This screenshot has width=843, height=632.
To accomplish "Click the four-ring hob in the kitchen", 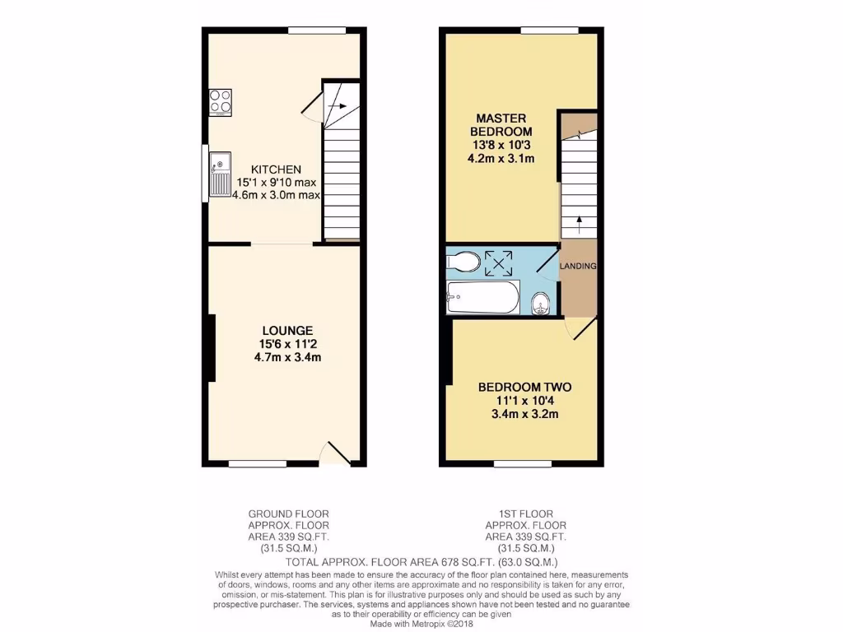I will click(x=220, y=101).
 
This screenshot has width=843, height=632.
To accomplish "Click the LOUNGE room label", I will click(x=282, y=331).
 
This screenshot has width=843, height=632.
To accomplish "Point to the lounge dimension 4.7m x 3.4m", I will click(x=282, y=357).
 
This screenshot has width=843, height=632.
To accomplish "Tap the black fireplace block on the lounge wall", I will click(x=212, y=347).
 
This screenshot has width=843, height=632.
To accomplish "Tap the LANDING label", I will click(x=578, y=267).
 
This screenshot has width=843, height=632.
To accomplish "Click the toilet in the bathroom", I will click(x=463, y=262).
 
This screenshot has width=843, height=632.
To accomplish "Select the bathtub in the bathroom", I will click(x=482, y=297).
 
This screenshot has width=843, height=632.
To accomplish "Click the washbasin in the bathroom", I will click(x=541, y=303).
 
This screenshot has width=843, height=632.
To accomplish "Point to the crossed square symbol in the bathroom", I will click(x=498, y=263).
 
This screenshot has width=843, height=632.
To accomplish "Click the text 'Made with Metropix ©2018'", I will click(x=421, y=624).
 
